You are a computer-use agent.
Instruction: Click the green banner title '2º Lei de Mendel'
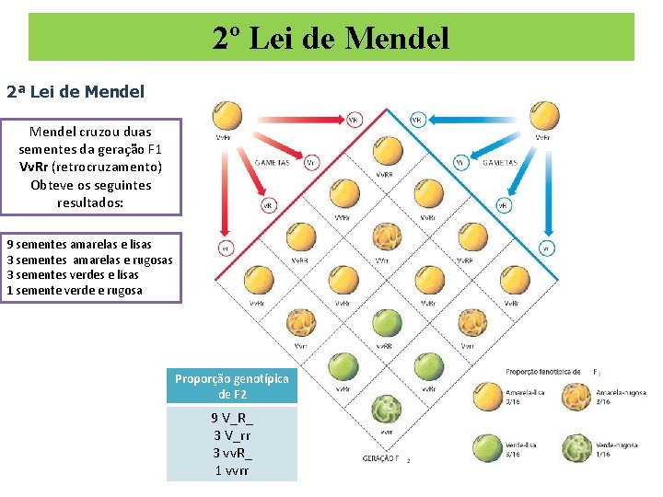[331, 38]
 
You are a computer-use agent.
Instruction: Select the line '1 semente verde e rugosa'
[75, 291]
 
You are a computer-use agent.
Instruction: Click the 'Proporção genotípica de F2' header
[232, 387]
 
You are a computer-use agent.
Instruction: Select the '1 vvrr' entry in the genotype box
[231, 470]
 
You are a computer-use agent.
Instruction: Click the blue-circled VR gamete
[416, 120]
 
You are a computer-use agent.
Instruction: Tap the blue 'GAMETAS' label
[500, 163]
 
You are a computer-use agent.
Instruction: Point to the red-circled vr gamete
[226, 248]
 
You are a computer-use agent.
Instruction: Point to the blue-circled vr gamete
[546, 248]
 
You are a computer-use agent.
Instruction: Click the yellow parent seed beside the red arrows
[224, 116]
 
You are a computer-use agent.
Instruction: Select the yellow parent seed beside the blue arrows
[545, 116]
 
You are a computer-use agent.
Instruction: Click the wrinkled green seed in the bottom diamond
[386, 409]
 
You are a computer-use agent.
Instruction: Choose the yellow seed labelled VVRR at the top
[386, 152]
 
